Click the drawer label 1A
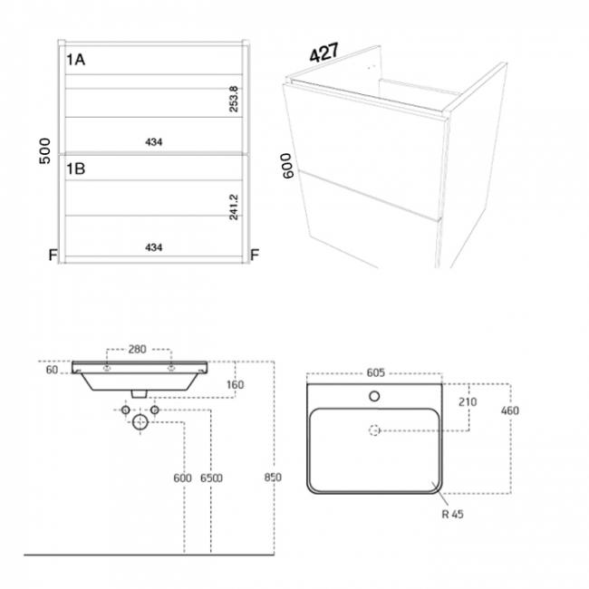(x=76, y=61)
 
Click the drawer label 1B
(x=76, y=168)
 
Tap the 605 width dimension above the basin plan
(x=376, y=372)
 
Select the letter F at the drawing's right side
(x=255, y=256)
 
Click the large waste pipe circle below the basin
(x=140, y=423)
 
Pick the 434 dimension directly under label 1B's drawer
(x=155, y=246)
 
